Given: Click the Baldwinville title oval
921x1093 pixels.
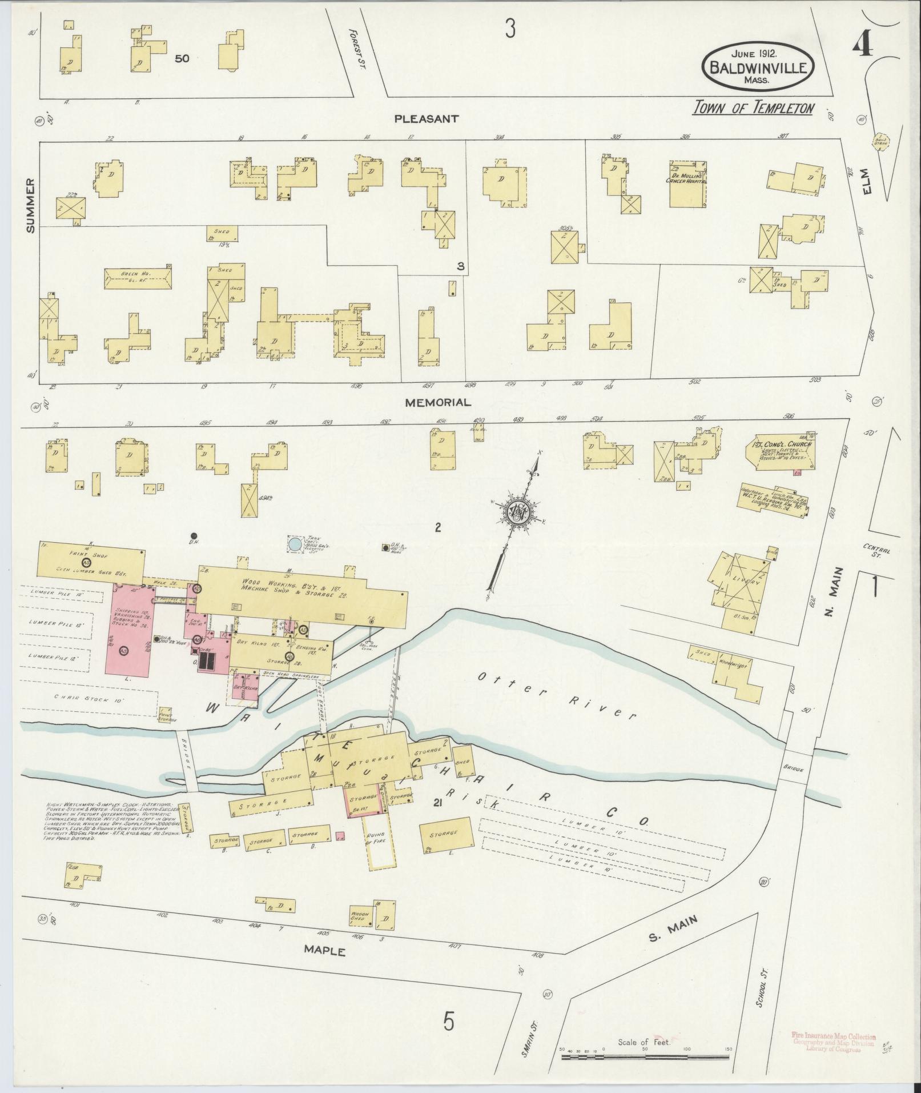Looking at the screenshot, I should click(758, 66).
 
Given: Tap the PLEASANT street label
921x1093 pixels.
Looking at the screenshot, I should click(427, 119).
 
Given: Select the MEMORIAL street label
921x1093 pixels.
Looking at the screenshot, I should click(438, 402).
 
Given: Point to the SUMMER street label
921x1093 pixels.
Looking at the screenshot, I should click(30, 205).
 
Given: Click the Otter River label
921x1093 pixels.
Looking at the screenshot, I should click(557, 694).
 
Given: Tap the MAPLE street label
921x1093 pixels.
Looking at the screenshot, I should click(324, 951).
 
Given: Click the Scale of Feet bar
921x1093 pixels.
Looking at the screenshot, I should click(645, 1058).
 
